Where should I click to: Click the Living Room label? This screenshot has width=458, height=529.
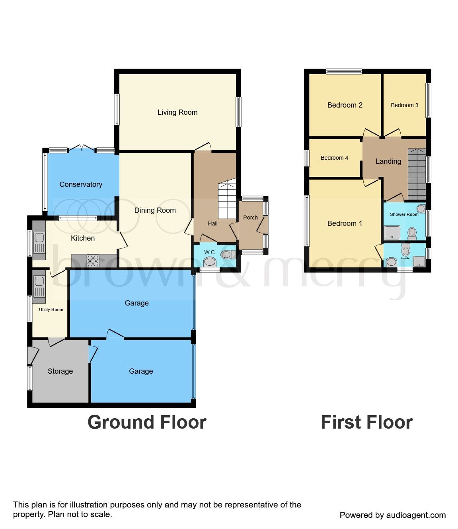(177, 112)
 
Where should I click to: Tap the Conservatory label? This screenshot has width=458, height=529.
(81, 184)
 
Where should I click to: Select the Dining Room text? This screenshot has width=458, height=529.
(155, 210)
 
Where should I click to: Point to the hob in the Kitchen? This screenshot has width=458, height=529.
(93, 261)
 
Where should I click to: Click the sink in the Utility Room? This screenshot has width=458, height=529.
(39, 286)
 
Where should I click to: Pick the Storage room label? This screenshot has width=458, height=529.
(60, 371)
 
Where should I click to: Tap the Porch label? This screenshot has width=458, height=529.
(250, 217)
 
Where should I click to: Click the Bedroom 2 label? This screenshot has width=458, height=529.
(345, 105)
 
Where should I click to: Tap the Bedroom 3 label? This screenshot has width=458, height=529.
(404, 105)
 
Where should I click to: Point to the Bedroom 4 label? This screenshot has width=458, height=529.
(334, 158)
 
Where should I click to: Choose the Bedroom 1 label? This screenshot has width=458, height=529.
(345, 223)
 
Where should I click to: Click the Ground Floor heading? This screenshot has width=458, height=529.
(147, 422)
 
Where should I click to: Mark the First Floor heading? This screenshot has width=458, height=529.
(366, 422)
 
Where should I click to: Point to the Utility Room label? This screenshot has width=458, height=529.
(51, 310)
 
